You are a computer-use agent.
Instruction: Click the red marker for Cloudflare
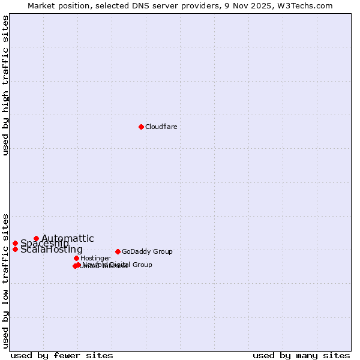tap(141, 127)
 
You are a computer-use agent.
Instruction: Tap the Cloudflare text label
tap(161, 127)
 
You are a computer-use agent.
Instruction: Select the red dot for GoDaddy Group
tap(118, 251)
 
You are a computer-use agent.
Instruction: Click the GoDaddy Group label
tap(147, 251)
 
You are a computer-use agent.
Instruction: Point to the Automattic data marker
tap(36, 238)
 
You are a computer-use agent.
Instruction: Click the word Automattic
tap(68, 238)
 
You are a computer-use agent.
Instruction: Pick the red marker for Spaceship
tap(15, 243)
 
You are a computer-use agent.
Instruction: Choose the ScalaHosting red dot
tap(15, 249)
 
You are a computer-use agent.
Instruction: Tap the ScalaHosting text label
tap(52, 250)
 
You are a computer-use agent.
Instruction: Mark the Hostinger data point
tap(76, 258)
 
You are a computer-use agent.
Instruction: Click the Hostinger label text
tap(95, 258)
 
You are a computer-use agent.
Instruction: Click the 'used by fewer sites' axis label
tap(62, 355)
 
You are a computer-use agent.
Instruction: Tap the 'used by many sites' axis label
tap(301, 355)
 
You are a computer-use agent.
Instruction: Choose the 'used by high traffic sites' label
tap(5, 85)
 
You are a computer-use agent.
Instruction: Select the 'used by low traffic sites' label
tap(5, 281)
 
